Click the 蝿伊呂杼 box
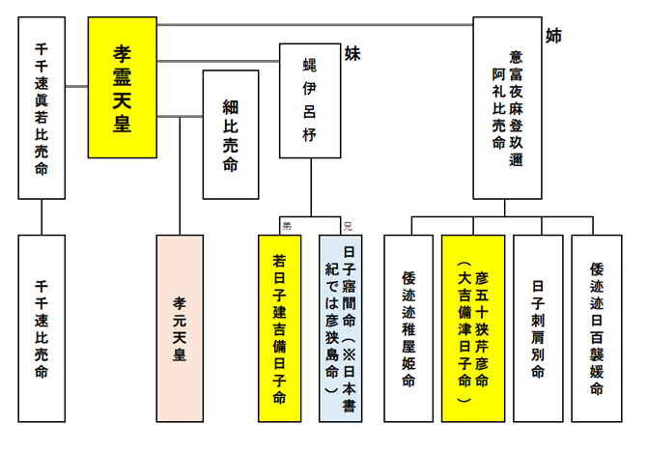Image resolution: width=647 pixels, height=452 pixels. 310,100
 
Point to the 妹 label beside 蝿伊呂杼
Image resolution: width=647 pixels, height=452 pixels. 352,54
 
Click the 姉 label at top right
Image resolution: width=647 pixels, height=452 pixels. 553,36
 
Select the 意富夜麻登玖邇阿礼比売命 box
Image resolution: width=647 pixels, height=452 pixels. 507,107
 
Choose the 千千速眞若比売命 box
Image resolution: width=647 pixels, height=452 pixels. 42,107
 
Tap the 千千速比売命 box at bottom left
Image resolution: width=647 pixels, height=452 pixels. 42,328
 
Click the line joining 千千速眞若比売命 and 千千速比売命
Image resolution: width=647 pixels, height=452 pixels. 42,217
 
